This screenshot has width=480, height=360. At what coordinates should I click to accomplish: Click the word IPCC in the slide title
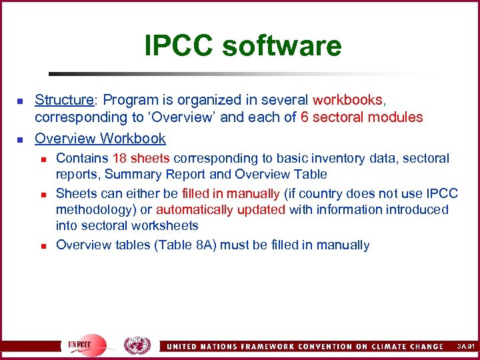click(x=178, y=46)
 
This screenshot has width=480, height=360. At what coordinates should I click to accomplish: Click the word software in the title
click(x=281, y=46)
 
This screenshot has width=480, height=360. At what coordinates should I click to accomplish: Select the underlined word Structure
click(x=63, y=100)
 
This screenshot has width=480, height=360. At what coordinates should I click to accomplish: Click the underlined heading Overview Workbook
click(x=100, y=138)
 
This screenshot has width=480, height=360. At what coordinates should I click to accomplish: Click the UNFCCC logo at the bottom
click(x=83, y=345)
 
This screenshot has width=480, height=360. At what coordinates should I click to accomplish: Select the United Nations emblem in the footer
click(x=137, y=345)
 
